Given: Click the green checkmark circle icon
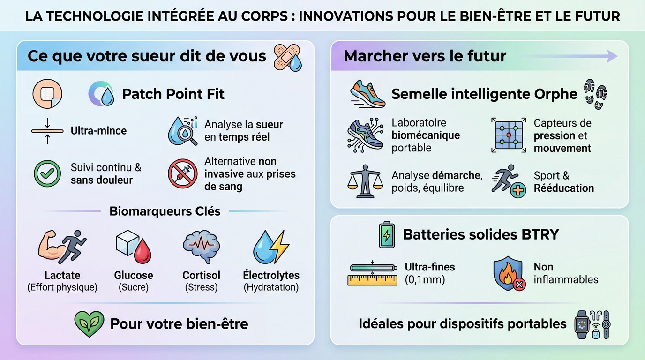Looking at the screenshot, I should [47, 173].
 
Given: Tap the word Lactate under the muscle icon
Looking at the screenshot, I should [62, 275].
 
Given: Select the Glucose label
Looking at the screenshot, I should [134, 275].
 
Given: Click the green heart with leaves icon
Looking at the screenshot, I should [89, 323].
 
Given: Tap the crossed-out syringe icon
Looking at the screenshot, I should [182, 173].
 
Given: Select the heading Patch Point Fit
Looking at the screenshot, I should [173, 94].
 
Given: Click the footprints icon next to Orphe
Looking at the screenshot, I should [595, 93].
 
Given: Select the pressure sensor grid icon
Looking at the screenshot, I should [509, 135].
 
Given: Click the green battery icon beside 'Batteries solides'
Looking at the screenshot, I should [387, 234].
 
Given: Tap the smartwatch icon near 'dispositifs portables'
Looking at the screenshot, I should [582, 323].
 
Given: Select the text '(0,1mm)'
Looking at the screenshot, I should [425, 280].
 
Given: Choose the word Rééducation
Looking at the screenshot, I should [563, 188].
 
